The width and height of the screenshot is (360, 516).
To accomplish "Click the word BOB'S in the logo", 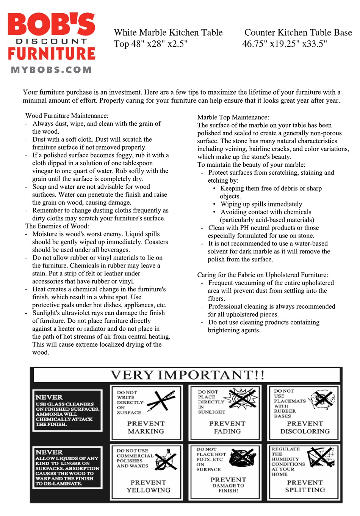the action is (52, 25).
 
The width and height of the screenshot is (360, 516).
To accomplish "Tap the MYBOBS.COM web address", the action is (52, 70).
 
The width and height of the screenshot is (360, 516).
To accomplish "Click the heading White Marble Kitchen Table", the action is (168, 33).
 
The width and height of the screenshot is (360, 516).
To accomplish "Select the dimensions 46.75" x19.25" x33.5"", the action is (285, 44).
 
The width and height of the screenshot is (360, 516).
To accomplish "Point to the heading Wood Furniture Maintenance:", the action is (67, 116).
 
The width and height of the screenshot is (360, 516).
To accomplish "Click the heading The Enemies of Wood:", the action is (57, 226).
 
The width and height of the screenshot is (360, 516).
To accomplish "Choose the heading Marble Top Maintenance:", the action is (233, 117).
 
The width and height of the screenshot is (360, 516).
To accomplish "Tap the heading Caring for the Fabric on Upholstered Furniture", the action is (263, 275).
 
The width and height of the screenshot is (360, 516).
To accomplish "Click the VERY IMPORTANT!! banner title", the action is (187, 375).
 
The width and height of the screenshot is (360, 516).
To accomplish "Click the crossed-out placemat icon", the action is (322, 399).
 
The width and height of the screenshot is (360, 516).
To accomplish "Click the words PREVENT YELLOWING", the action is (148, 486).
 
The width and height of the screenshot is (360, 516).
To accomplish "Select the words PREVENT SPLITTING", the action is (305, 486).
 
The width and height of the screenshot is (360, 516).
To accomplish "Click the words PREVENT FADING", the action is (227, 427).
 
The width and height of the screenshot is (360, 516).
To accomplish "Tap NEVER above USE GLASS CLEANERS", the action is (49, 397).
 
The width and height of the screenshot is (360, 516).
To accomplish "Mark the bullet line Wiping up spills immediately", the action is (261, 204).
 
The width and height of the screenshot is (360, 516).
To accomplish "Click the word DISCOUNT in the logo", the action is (52, 41).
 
